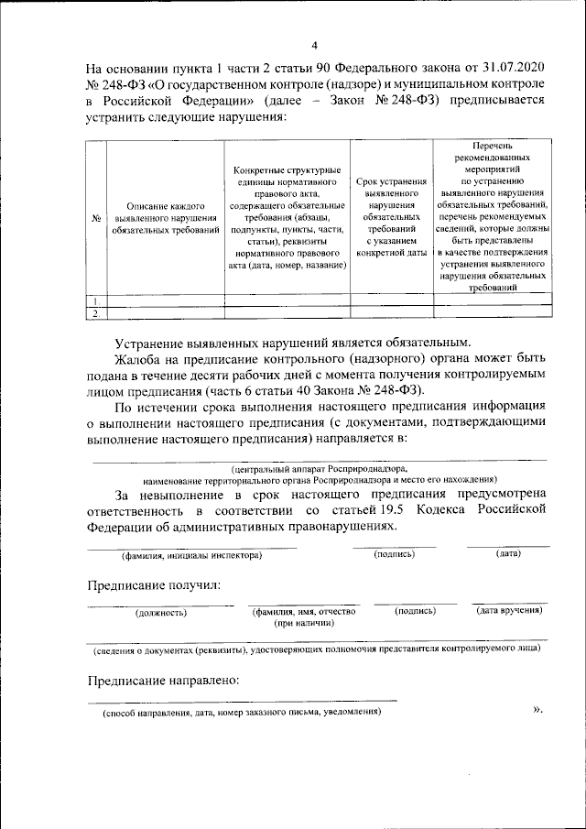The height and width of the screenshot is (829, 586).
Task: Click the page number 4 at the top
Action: click(314, 45)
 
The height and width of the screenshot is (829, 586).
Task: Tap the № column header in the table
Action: click(95, 218)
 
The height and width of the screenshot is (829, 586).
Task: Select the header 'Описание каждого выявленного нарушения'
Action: click(165, 218)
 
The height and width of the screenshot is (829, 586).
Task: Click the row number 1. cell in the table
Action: click(95, 300)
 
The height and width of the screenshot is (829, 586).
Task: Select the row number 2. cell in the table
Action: click(95, 313)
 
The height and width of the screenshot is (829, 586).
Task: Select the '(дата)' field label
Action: click(508, 554)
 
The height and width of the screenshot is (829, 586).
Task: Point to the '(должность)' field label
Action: click(161, 612)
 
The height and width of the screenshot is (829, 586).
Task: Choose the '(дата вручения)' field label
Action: click(510, 610)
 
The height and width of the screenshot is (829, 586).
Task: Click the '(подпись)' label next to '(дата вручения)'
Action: click(415, 610)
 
